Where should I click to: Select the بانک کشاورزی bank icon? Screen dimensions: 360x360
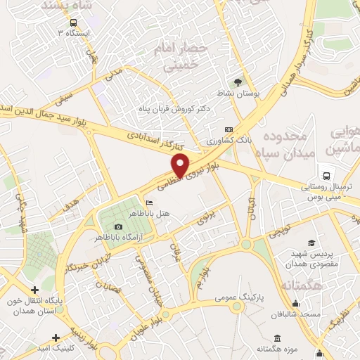(229, 130)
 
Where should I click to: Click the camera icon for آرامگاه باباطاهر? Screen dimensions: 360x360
(118, 226)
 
